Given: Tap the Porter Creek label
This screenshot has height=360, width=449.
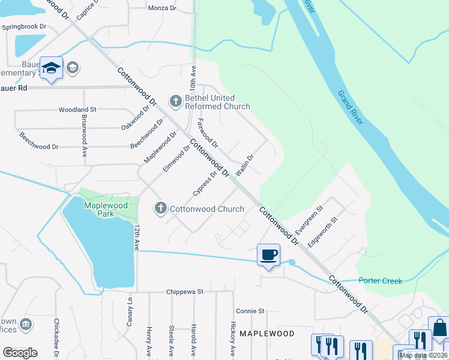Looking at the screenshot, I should pos(379,280).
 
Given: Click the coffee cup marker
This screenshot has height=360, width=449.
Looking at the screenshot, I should pos(268,254).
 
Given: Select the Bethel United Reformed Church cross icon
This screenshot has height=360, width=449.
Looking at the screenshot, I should pos(176,100).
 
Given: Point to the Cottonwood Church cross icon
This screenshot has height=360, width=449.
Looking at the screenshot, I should pos(160,208).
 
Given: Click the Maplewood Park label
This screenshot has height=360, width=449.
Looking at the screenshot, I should pos(106,209).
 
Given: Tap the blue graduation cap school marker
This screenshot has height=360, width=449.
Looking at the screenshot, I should pos(52,67).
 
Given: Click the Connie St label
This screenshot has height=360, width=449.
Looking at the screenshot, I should pos(250,311).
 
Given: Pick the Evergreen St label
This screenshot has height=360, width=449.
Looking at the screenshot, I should pos(309,220).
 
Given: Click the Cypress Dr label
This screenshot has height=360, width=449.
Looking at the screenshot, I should pos(204,183).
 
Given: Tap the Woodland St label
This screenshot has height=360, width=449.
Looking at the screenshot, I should pos(77,110).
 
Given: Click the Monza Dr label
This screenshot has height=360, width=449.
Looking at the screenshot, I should pos(162,8).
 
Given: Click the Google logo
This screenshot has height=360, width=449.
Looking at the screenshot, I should pos(20,352).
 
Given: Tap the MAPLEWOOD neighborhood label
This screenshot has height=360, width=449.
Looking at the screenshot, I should pos(267,333).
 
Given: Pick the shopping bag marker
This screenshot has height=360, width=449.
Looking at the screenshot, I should pos(438,328).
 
